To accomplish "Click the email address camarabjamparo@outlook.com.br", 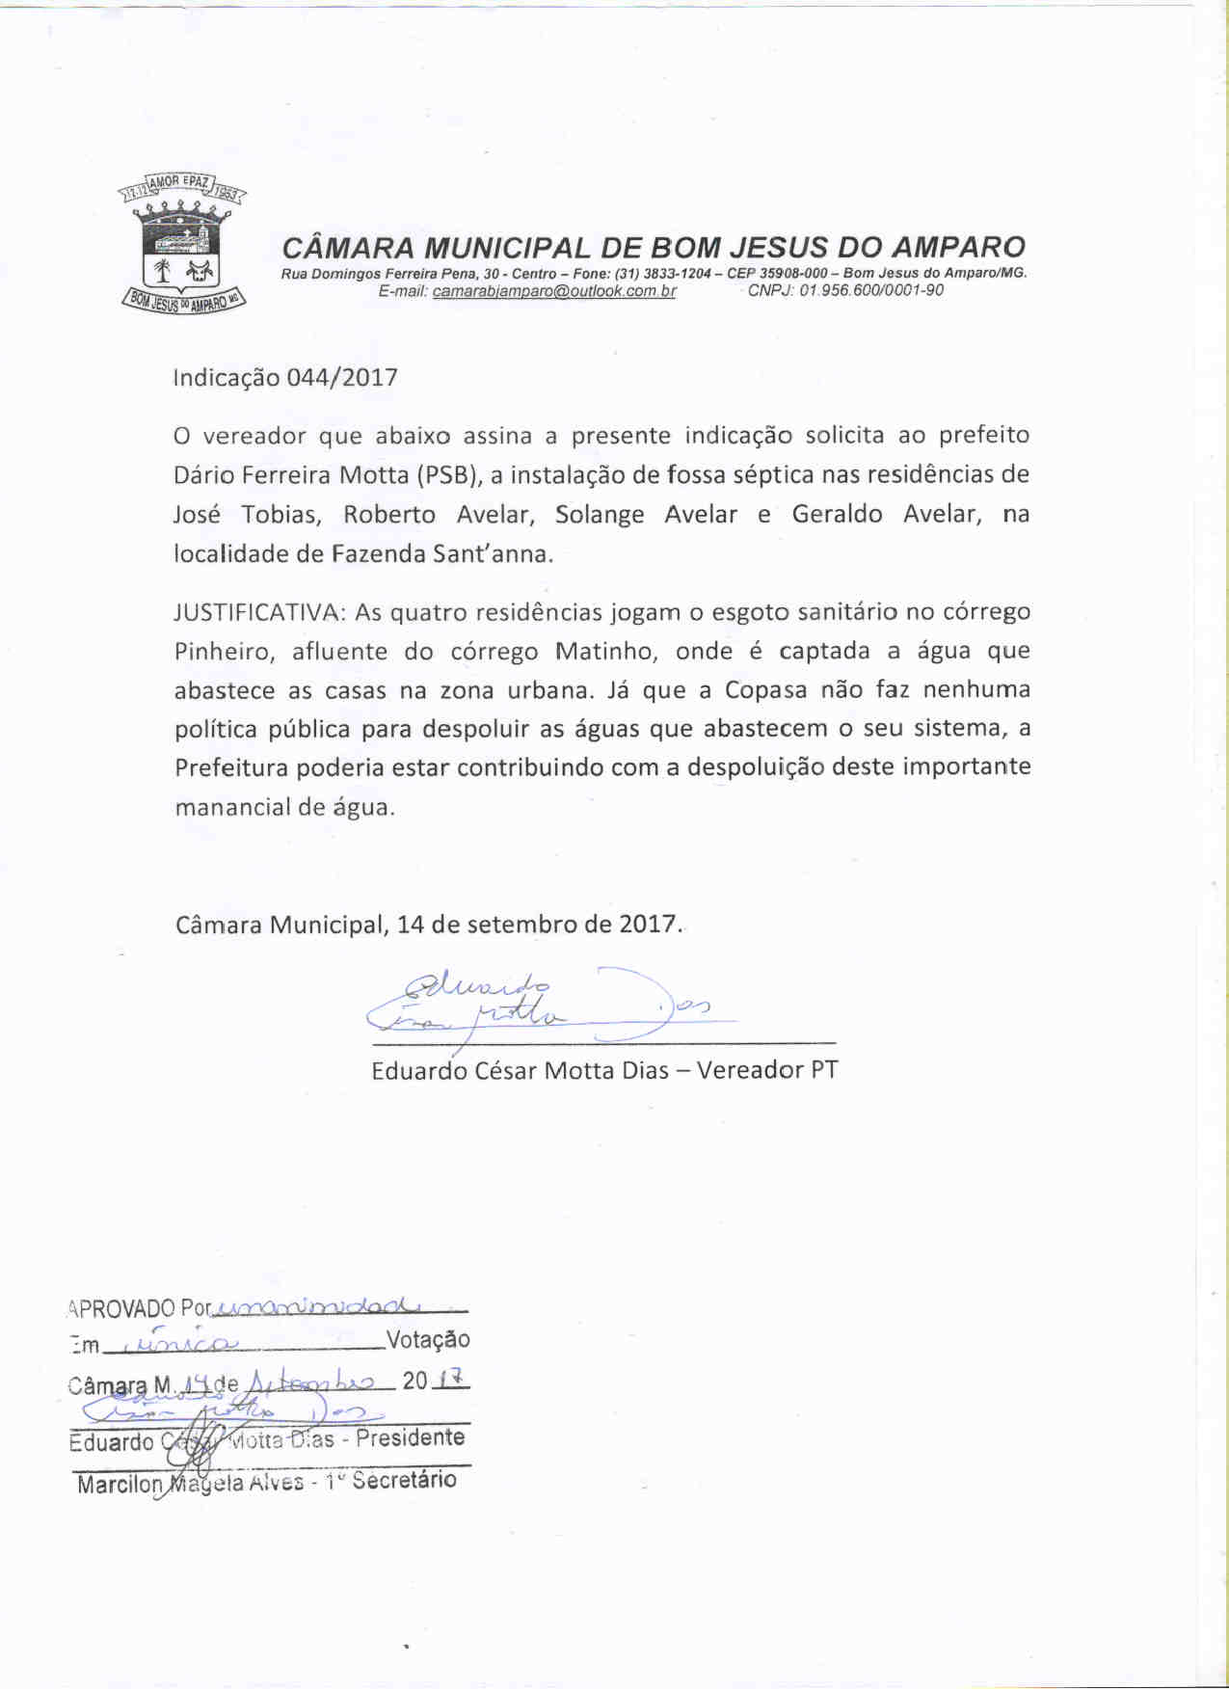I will (554, 291).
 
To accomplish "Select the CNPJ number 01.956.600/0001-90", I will (870, 290).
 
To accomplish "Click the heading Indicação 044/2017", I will (285, 378).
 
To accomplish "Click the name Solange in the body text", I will (600, 515).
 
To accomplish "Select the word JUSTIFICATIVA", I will (256, 613).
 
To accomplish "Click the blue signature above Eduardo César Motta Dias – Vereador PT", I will (540, 1005).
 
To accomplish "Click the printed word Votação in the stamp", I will (427, 1340).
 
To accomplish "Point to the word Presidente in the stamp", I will (411, 1438).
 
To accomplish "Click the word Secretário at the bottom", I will (404, 1481).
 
